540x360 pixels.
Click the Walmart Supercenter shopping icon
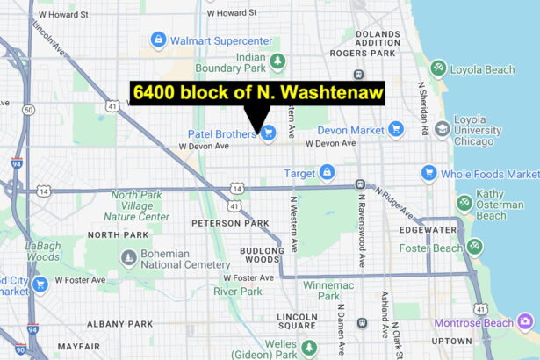click(x=158, y=39)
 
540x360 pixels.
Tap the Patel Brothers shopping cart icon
click(x=269, y=133)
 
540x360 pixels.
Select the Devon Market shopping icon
click(x=396, y=129)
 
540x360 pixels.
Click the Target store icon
click(x=328, y=173)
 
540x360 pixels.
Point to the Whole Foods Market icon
click(x=429, y=173)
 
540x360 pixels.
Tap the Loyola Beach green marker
click(x=438, y=67)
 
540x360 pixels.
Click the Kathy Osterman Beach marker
click(x=464, y=204)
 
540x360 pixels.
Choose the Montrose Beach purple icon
click(x=526, y=321)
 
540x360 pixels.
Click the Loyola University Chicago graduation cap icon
click(x=443, y=129)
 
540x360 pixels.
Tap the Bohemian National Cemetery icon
click(x=130, y=257)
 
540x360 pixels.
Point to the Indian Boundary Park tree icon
click(x=278, y=61)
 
